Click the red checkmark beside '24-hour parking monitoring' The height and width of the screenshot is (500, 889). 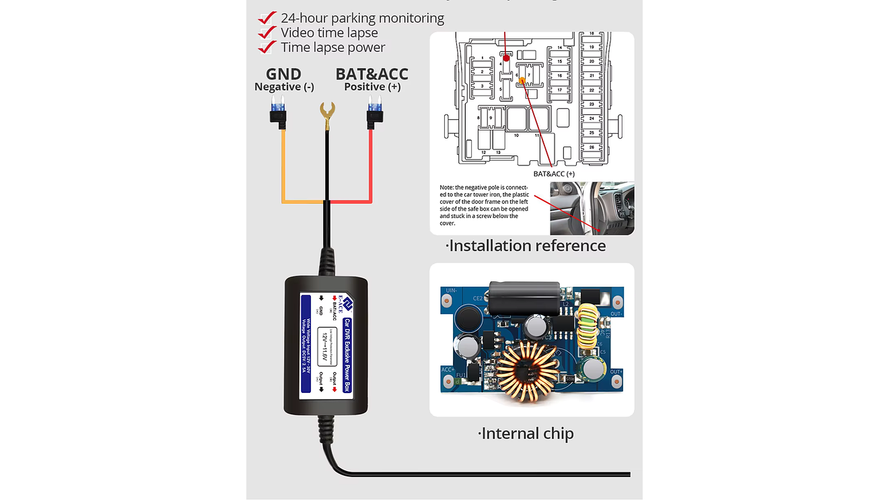pos(267,17)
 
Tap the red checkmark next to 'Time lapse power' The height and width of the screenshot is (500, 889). pos(267,47)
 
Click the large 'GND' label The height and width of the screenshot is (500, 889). pos(283,74)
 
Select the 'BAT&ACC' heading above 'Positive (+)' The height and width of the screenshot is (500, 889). pos(371,74)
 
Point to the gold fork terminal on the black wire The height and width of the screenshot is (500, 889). pos(328,112)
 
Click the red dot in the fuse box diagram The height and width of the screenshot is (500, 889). pos(506,58)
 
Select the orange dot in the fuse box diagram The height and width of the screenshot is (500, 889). pos(522,81)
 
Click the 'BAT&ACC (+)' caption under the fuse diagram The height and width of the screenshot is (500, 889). pos(553,174)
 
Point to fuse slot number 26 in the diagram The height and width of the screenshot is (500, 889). pos(591,147)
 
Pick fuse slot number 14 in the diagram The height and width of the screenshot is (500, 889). pos(559,49)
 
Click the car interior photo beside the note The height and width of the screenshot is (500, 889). pos(592,208)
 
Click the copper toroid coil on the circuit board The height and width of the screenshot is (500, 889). pos(533,371)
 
